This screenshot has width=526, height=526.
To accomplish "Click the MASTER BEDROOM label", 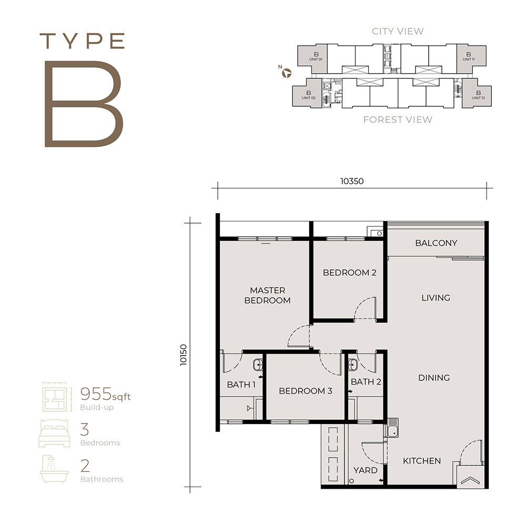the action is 267,295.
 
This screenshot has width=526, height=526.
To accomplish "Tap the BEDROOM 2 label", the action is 350,272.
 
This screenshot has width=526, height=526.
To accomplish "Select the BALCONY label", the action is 436,243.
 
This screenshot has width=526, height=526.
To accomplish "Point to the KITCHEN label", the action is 422,461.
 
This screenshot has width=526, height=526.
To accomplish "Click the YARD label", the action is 366,470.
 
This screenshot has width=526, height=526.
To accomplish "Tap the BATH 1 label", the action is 241,385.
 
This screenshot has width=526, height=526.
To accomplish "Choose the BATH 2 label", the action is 366,382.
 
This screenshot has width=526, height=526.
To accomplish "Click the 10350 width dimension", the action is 352,181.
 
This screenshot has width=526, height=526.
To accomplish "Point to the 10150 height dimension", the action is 183,355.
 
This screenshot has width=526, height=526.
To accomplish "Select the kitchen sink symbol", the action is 393,428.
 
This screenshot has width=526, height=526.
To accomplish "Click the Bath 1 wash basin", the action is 258,365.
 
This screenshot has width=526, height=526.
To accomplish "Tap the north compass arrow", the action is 287,73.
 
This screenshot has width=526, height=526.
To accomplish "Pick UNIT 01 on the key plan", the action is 316,56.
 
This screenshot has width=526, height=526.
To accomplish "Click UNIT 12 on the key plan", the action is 478,95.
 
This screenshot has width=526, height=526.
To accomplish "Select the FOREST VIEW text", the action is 398,120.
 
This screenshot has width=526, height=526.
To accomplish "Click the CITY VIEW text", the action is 398,31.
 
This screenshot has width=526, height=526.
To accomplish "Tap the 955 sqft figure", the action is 105,394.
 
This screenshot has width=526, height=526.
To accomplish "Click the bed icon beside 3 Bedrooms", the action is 54,433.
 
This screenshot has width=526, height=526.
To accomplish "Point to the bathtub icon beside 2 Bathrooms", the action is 54,469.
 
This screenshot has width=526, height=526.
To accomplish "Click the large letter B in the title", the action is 84,104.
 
